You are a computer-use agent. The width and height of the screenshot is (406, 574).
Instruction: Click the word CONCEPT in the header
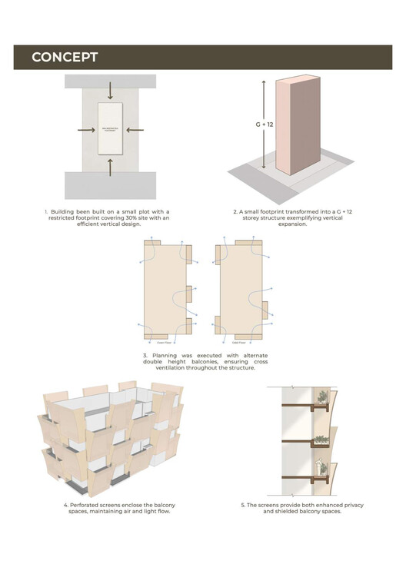click(65, 58)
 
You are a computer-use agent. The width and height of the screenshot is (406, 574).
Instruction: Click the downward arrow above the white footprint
click(110, 90)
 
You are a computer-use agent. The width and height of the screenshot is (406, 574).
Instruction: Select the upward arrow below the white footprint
click(110, 166)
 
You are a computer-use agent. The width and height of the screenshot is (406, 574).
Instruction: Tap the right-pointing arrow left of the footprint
click(86, 130)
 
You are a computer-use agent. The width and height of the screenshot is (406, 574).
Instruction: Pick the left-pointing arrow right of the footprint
click(134, 130)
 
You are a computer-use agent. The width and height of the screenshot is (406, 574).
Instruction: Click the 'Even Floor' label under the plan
click(164, 342)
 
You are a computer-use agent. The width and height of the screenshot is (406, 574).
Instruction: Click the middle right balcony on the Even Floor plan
click(188, 294)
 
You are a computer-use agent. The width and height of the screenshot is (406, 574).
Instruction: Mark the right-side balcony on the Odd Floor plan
click(265, 310)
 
